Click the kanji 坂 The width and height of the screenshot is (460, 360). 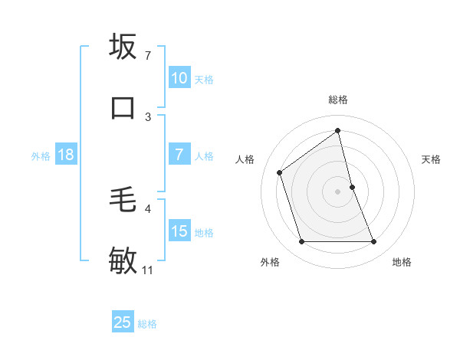(x=123, y=47)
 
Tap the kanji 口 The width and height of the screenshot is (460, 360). (x=123, y=106)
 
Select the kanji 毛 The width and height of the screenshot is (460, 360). (x=123, y=201)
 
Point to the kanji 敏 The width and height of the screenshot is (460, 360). (x=123, y=260)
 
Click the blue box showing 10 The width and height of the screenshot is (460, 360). (x=179, y=78)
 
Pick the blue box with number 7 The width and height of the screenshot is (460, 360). (x=179, y=155)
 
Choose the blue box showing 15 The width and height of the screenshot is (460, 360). (x=179, y=231)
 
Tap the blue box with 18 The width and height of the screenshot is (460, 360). (x=66, y=155)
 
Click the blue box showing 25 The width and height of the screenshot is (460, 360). (x=123, y=322)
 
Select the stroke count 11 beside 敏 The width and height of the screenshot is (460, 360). (x=148, y=270)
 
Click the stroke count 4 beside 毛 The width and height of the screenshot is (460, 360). (x=148, y=208)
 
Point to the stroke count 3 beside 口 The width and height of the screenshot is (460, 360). (x=148, y=116)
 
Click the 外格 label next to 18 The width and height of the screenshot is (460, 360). (x=41, y=155)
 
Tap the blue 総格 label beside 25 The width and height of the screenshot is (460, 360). (x=147, y=324)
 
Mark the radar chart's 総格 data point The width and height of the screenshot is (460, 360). (x=338, y=130)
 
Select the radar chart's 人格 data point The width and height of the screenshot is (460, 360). (x=280, y=172)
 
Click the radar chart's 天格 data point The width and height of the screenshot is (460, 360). (x=352, y=187)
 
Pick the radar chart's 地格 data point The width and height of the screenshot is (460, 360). (x=374, y=242)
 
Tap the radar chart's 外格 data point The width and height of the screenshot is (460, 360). (x=301, y=242)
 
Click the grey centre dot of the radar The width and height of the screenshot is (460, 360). (x=338, y=191)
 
